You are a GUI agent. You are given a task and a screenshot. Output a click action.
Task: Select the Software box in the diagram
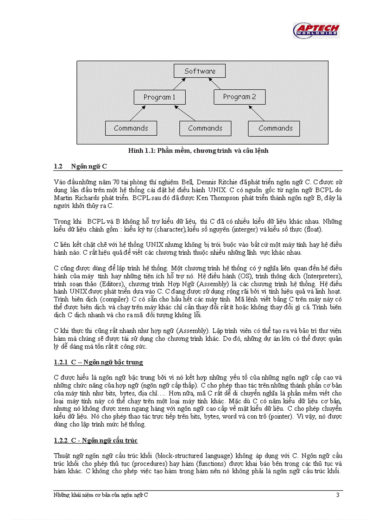coord(200,71)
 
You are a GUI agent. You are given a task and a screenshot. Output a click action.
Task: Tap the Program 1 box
coord(159,97)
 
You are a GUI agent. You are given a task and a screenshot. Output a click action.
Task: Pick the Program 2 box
coord(239,97)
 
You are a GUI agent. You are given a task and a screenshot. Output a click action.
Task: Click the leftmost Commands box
coord(131,128)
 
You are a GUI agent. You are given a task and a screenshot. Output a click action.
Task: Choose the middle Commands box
coord(205,128)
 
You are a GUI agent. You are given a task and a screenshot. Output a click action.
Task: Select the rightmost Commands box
coord(276,128)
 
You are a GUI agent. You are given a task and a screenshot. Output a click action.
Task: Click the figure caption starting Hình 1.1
coord(198,150)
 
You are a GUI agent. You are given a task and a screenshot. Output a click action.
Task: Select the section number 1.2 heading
coord(58,166)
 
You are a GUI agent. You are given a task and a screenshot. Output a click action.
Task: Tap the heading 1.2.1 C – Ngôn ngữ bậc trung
coord(98,362)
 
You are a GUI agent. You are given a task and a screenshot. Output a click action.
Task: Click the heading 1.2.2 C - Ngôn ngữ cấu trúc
coord(95,440)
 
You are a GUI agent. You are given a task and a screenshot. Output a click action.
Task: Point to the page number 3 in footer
coord(338,495)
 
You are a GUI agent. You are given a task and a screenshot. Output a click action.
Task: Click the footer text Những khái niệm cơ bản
coord(101,495)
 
